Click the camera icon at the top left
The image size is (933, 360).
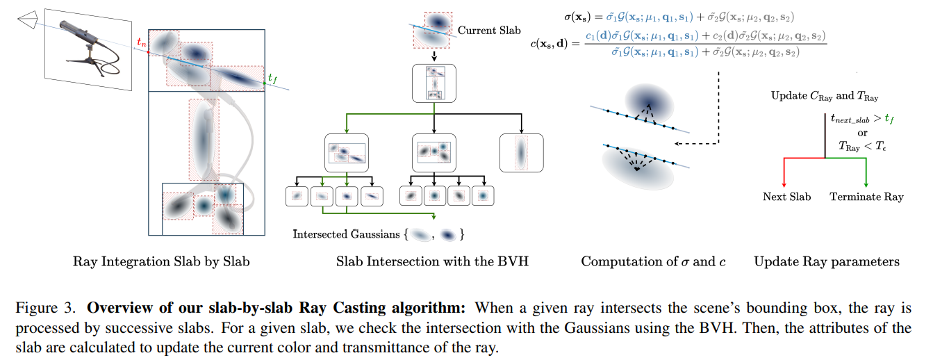point(27,22)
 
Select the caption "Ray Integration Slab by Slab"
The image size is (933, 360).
point(161,262)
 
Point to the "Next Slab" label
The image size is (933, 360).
point(786,197)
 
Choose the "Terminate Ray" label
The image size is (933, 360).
point(866,197)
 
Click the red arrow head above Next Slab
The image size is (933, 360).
point(784,185)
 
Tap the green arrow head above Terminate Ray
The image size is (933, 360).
point(866,185)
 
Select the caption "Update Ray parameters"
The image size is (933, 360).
point(826,262)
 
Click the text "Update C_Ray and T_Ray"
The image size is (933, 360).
point(825,95)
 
